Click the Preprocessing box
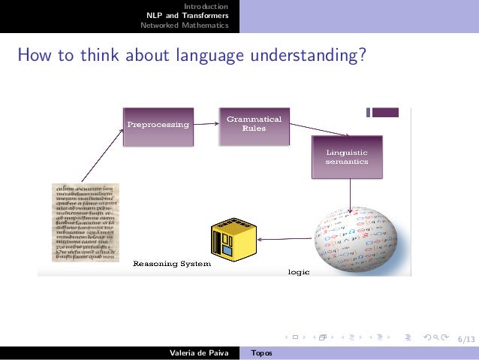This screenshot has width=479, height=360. (x=158, y=125)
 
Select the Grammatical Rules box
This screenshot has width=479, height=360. (x=253, y=124)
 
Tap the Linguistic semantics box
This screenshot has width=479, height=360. (x=347, y=157)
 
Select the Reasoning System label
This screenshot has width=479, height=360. (x=172, y=264)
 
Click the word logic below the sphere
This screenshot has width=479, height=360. (x=299, y=271)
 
